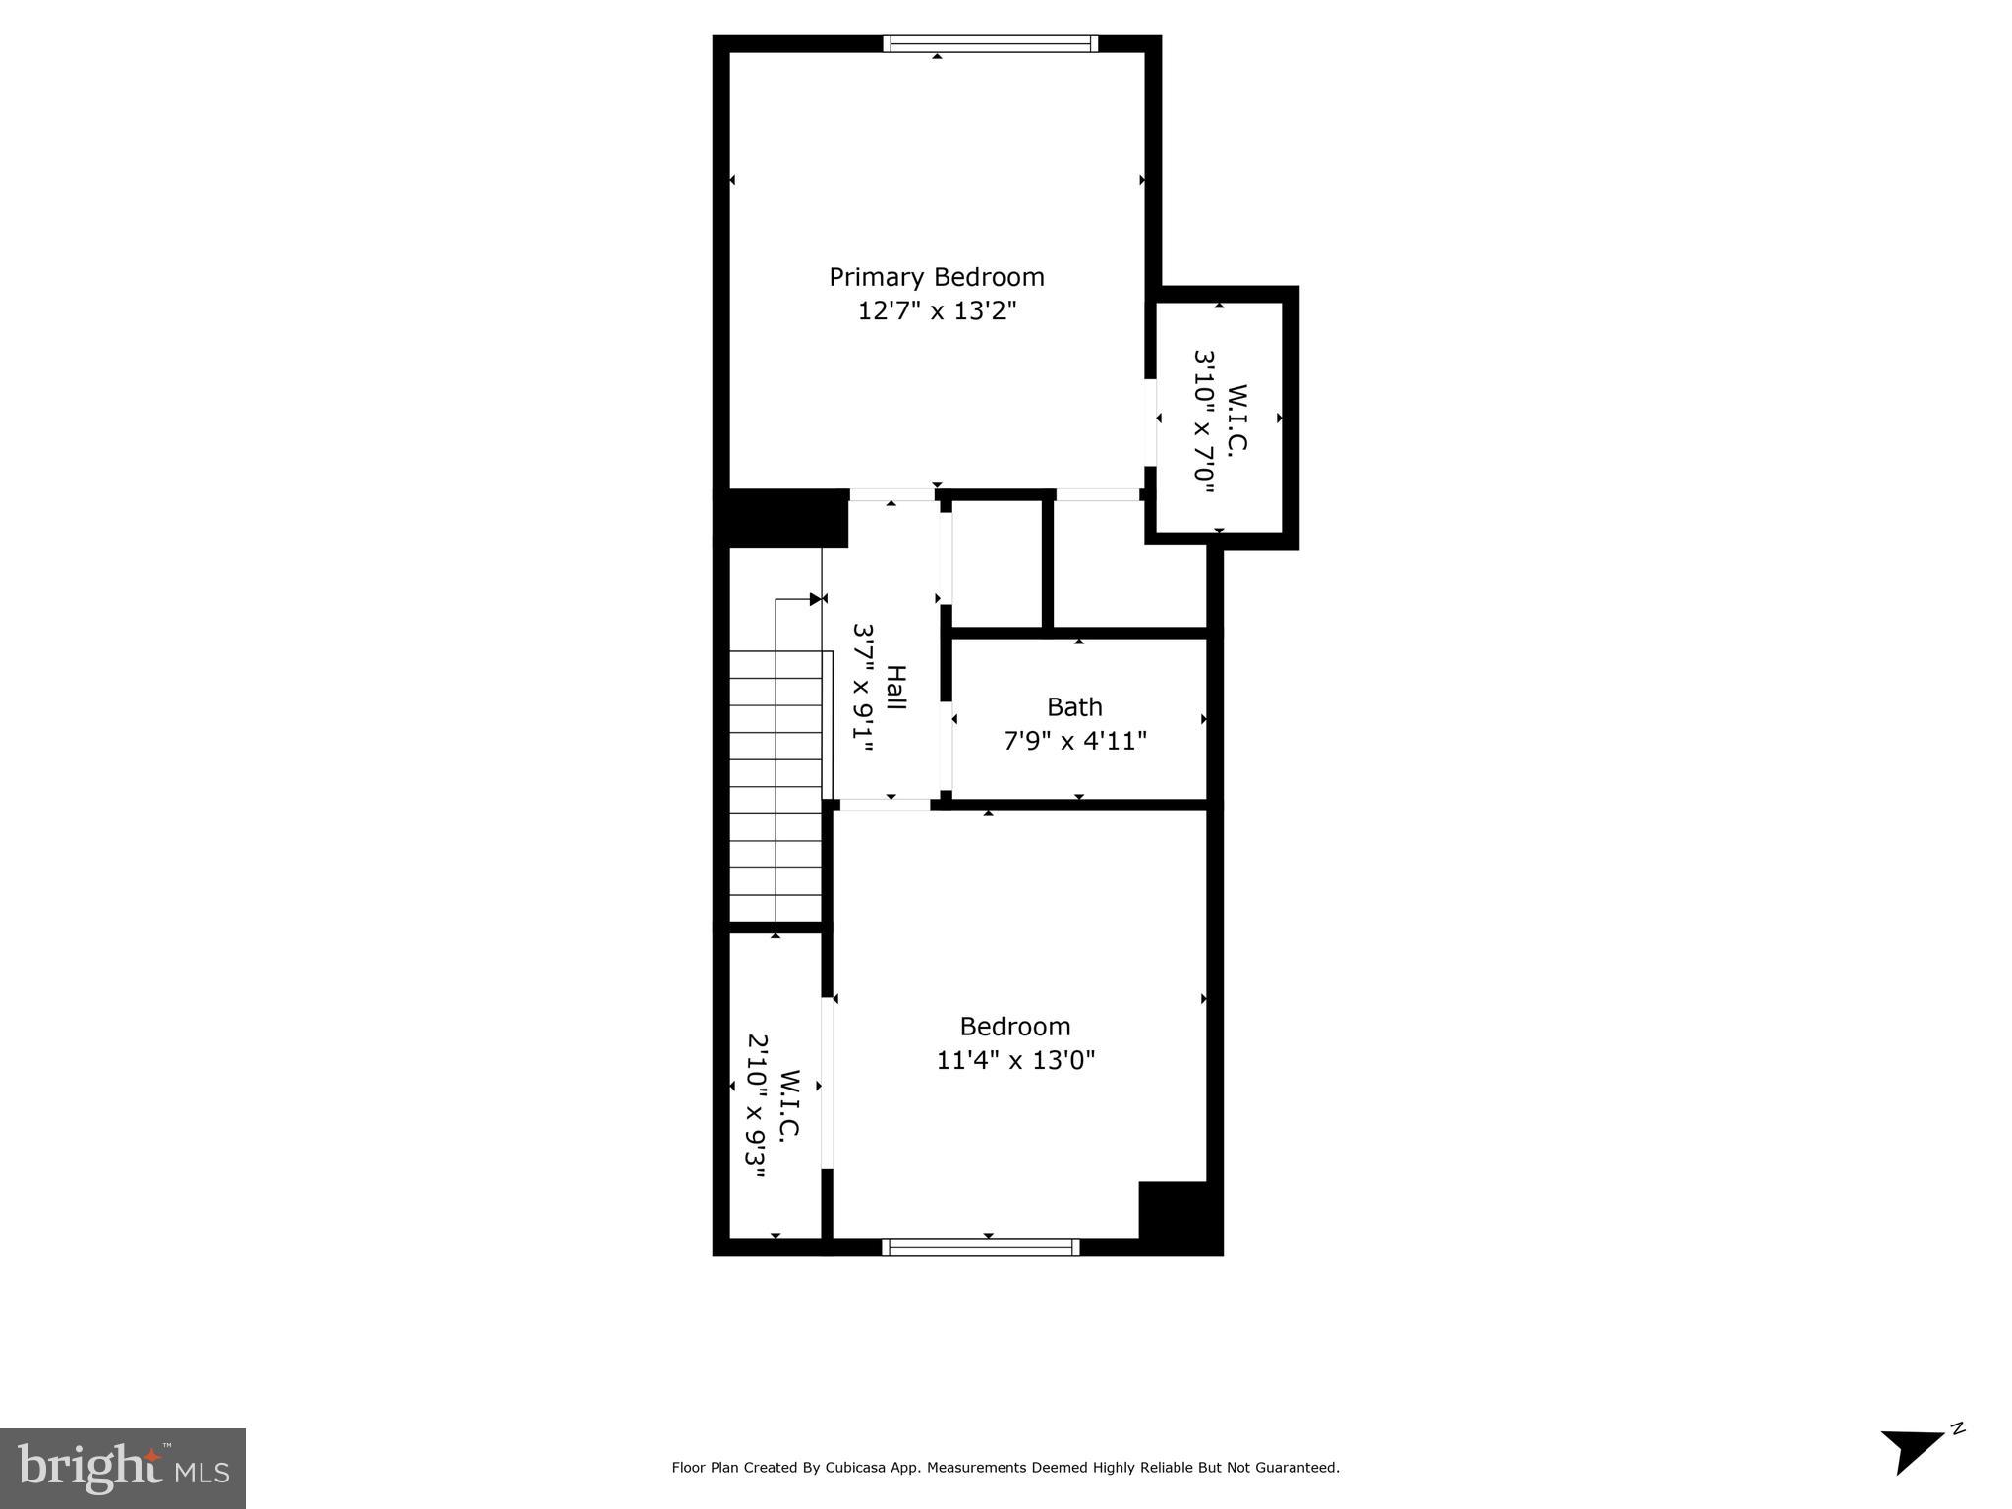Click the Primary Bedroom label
(x=936, y=277)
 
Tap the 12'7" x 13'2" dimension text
(x=936, y=311)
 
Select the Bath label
(x=1074, y=707)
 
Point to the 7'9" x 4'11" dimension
(x=1074, y=741)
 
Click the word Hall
(x=895, y=688)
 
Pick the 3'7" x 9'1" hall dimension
(x=863, y=688)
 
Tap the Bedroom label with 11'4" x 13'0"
(x=1014, y=1027)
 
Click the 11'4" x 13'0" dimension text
(x=1014, y=1061)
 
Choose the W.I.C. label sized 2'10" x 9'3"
(x=789, y=1104)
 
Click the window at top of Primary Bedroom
(x=990, y=43)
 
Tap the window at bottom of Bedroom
(x=980, y=1247)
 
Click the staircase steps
(x=776, y=786)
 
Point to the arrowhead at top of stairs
(x=816, y=598)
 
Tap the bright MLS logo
(x=123, y=1468)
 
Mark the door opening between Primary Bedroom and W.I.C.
(x=1150, y=422)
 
